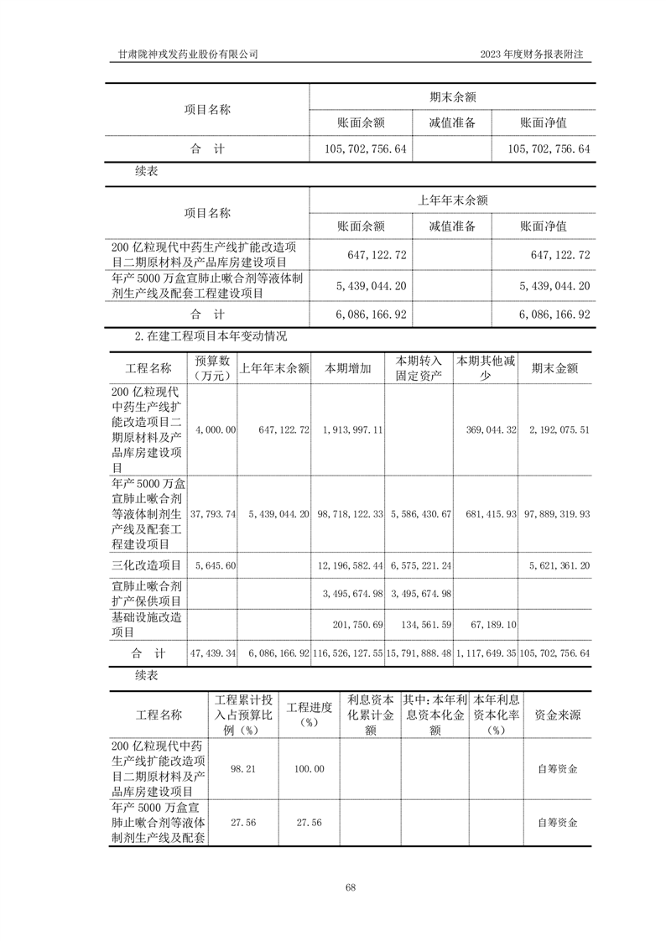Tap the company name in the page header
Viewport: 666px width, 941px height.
coord(189,55)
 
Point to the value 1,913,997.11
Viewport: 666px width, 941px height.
coord(353,429)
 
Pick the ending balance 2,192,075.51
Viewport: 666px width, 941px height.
coord(559,429)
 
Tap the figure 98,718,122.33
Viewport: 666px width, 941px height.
coord(353,512)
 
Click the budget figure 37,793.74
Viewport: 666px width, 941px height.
coord(214,512)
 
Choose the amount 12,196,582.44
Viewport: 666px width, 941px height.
coord(353,567)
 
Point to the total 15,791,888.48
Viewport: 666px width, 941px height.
coord(419,652)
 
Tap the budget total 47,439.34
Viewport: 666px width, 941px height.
coord(214,652)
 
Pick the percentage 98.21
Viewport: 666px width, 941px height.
coord(242,768)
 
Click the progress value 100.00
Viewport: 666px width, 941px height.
coord(310,768)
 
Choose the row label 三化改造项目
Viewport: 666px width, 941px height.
coord(146,566)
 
